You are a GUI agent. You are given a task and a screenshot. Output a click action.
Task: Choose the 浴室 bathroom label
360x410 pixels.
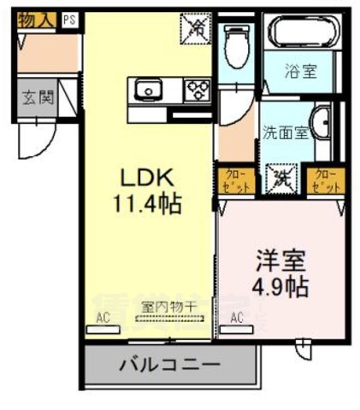tap(300, 72)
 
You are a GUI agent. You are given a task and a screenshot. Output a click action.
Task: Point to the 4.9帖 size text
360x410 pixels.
tap(279, 285)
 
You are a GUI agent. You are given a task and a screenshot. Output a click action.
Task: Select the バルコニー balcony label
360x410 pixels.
tap(168, 364)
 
